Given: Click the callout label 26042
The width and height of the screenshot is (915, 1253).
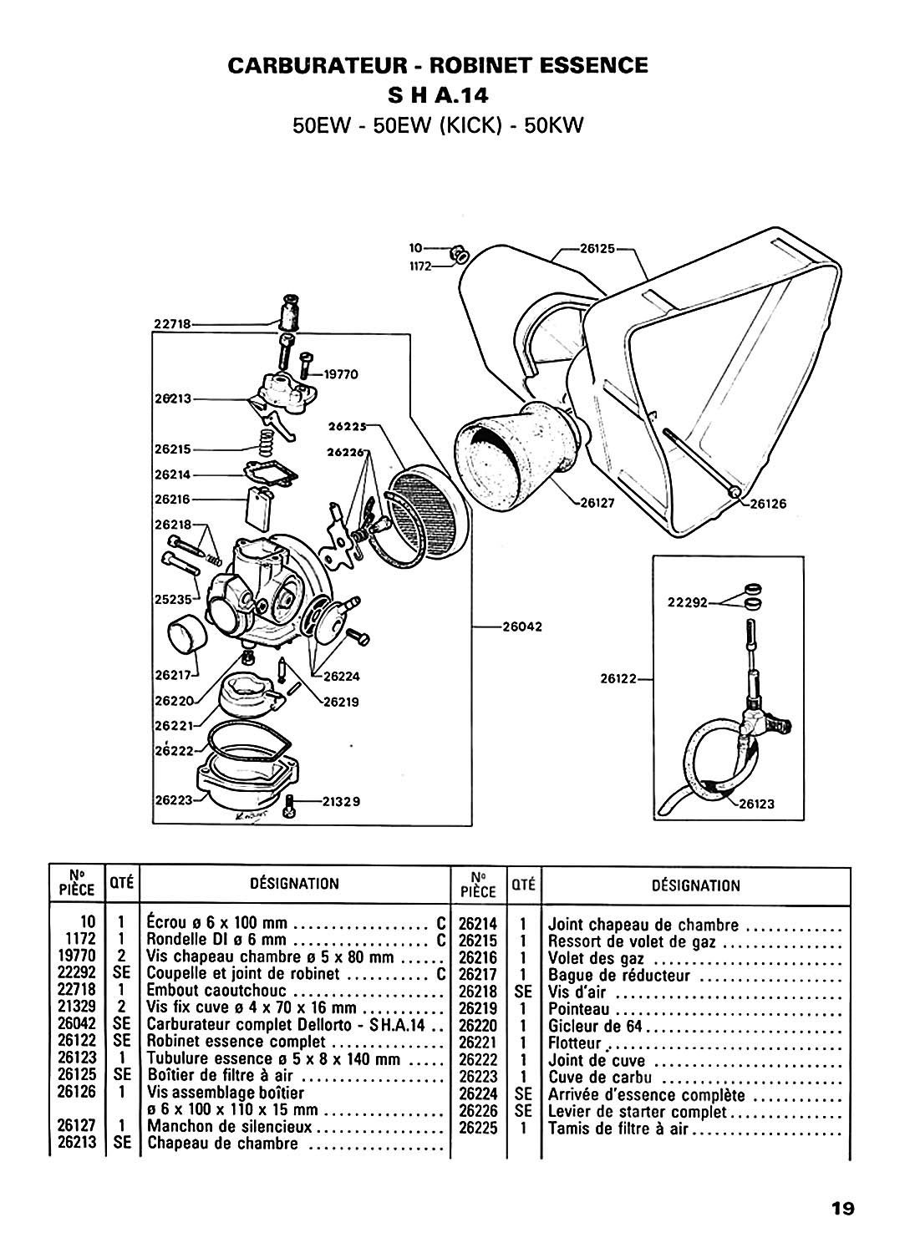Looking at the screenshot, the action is point(522,626).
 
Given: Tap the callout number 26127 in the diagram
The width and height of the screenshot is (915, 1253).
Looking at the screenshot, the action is point(597,503).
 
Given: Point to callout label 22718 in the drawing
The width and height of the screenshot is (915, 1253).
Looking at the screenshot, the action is point(172,324).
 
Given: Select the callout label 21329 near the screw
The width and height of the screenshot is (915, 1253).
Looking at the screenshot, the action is point(342,802).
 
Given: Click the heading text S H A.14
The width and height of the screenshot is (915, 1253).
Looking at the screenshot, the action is point(438,95).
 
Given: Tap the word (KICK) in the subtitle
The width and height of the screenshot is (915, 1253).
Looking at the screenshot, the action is point(470,125).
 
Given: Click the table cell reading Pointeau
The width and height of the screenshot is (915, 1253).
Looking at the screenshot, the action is point(578,1010).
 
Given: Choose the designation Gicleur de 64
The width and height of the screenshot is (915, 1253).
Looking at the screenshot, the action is point(596,1027).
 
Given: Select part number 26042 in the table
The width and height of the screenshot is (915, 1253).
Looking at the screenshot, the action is point(77,1023).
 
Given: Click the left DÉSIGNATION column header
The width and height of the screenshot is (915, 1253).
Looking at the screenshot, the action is point(294,883).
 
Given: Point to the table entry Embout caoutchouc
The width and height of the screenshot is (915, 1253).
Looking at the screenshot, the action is point(216,990).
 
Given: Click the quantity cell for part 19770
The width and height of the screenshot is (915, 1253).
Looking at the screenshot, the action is point(121,956).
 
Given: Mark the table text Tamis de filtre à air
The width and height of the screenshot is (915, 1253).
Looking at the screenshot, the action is point(618,1129).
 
